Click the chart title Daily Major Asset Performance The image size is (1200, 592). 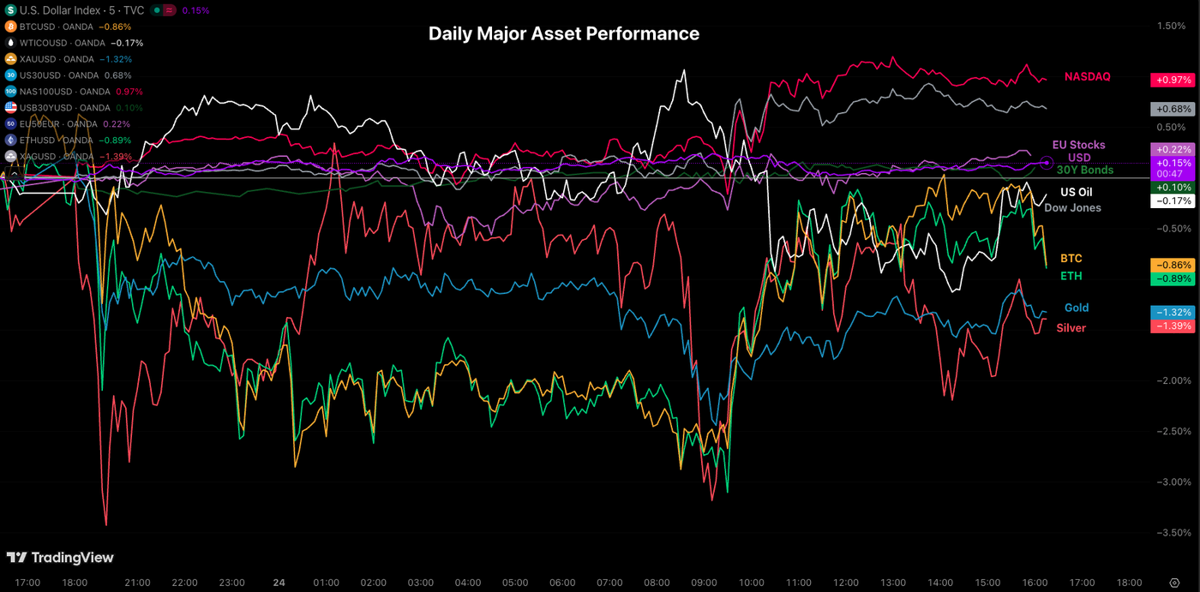pyautogui.click(x=563, y=33)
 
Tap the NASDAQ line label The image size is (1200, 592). pyautogui.click(x=1087, y=77)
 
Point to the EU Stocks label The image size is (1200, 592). pyautogui.click(x=1078, y=145)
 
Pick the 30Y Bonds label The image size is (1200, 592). pyautogui.click(x=1084, y=170)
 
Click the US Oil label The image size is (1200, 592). pyautogui.click(x=1076, y=192)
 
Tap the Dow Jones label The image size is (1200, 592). pyautogui.click(x=1072, y=207)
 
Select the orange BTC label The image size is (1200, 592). pyautogui.click(x=1071, y=258)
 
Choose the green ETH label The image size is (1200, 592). pyautogui.click(x=1071, y=276)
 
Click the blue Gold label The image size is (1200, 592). pyautogui.click(x=1077, y=308)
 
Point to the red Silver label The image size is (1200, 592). pyautogui.click(x=1071, y=328)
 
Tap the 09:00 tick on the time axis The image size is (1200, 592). pyautogui.click(x=704, y=583)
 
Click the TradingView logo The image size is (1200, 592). pyautogui.click(x=60, y=558)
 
